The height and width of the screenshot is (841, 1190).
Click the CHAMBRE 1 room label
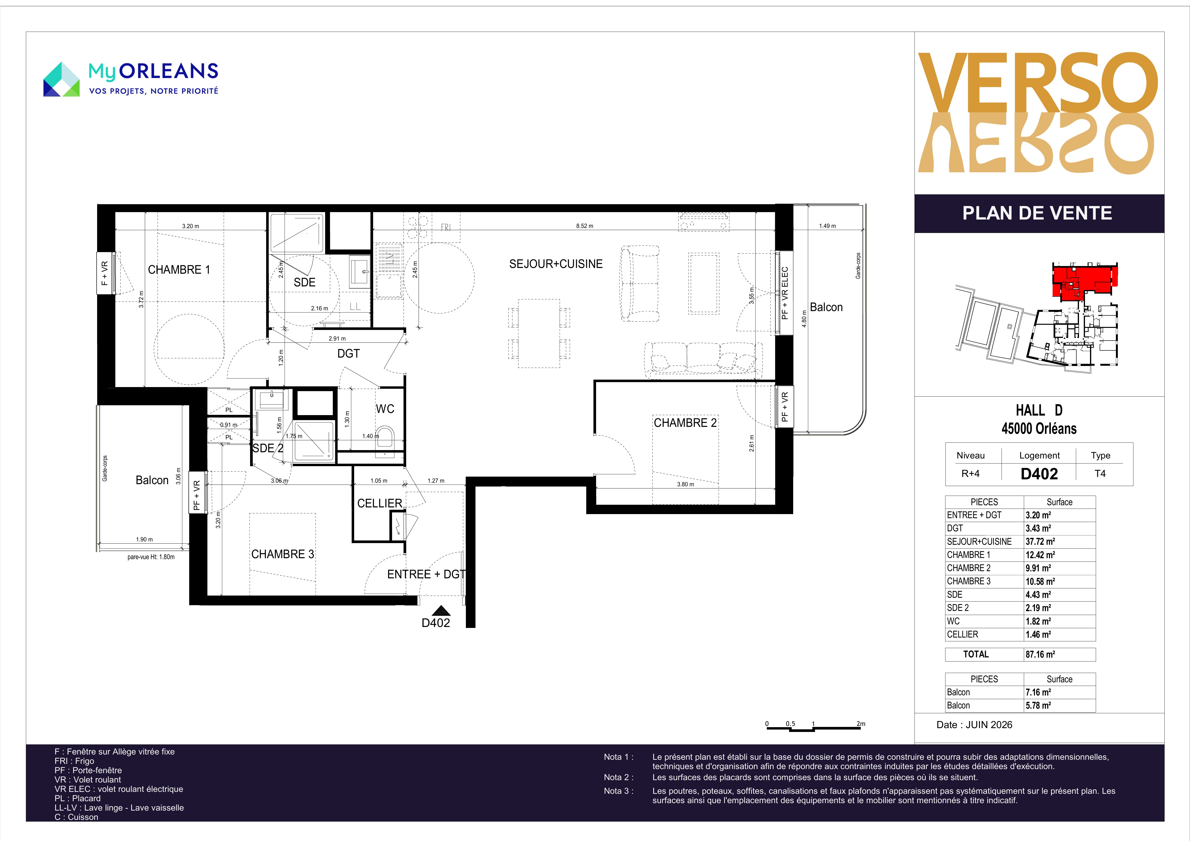179,269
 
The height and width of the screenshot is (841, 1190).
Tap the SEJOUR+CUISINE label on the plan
556,264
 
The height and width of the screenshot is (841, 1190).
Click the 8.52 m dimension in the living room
585,226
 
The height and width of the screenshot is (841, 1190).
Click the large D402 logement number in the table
1039,474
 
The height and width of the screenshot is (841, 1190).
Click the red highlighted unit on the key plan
1083,281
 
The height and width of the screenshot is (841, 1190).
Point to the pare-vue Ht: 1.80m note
151,557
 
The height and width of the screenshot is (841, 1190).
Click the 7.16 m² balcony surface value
1038,692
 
